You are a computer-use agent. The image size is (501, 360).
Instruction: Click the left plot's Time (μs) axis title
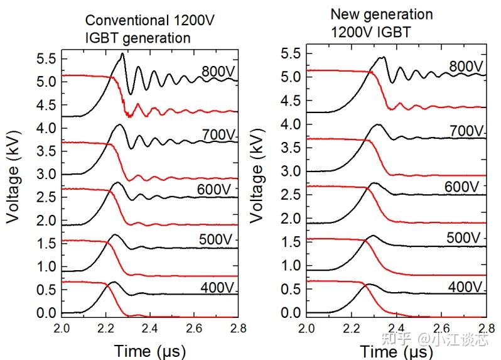click(150, 349)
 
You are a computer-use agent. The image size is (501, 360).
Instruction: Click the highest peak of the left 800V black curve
click(122, 54)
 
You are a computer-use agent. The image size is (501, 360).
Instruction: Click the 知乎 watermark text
click(397, 340)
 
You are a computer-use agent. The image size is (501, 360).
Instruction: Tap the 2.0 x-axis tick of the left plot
click(62, 329)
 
